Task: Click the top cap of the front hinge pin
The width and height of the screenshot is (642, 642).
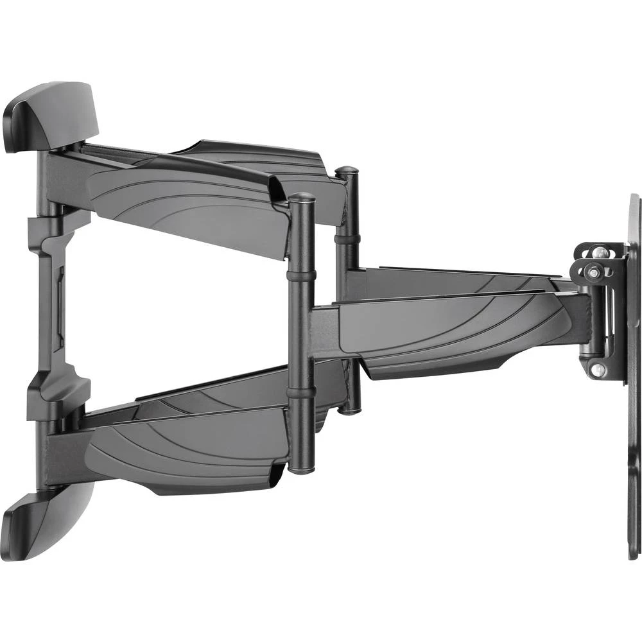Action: pyautogui.click(x=302, y=198)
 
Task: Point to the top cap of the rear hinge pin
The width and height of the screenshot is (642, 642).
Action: pyautogui.click(x=347, y=172)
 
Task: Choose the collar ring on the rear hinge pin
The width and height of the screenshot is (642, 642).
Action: pyautogui.click(x=347, y=238)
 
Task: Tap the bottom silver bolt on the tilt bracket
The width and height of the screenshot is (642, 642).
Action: pyautogui.click(x=598, y=370)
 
